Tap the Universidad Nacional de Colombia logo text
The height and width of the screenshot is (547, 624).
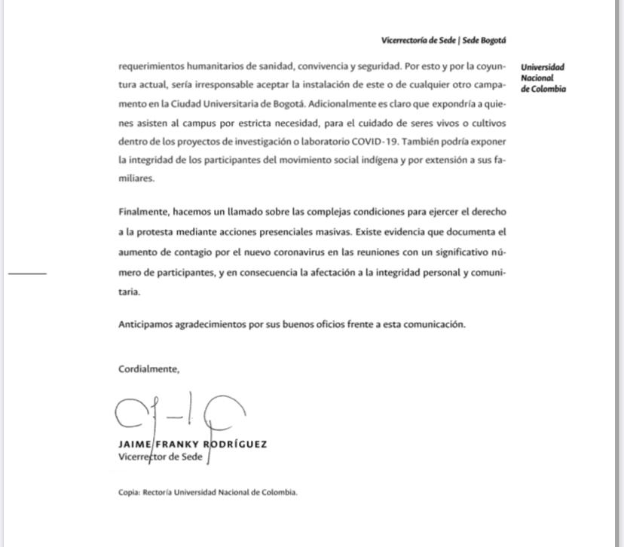(x=543, y=78)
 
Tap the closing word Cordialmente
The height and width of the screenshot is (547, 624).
(x=148, y=369)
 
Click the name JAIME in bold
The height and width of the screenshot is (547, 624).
(x=135, y=444)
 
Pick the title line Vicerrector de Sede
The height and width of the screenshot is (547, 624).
(x=160, y=457)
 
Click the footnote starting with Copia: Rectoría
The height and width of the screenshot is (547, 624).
(x=208, y=492)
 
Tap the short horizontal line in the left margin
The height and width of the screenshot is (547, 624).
(x=27, y=273)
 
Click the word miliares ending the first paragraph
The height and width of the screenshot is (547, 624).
(x=136, y=179)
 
